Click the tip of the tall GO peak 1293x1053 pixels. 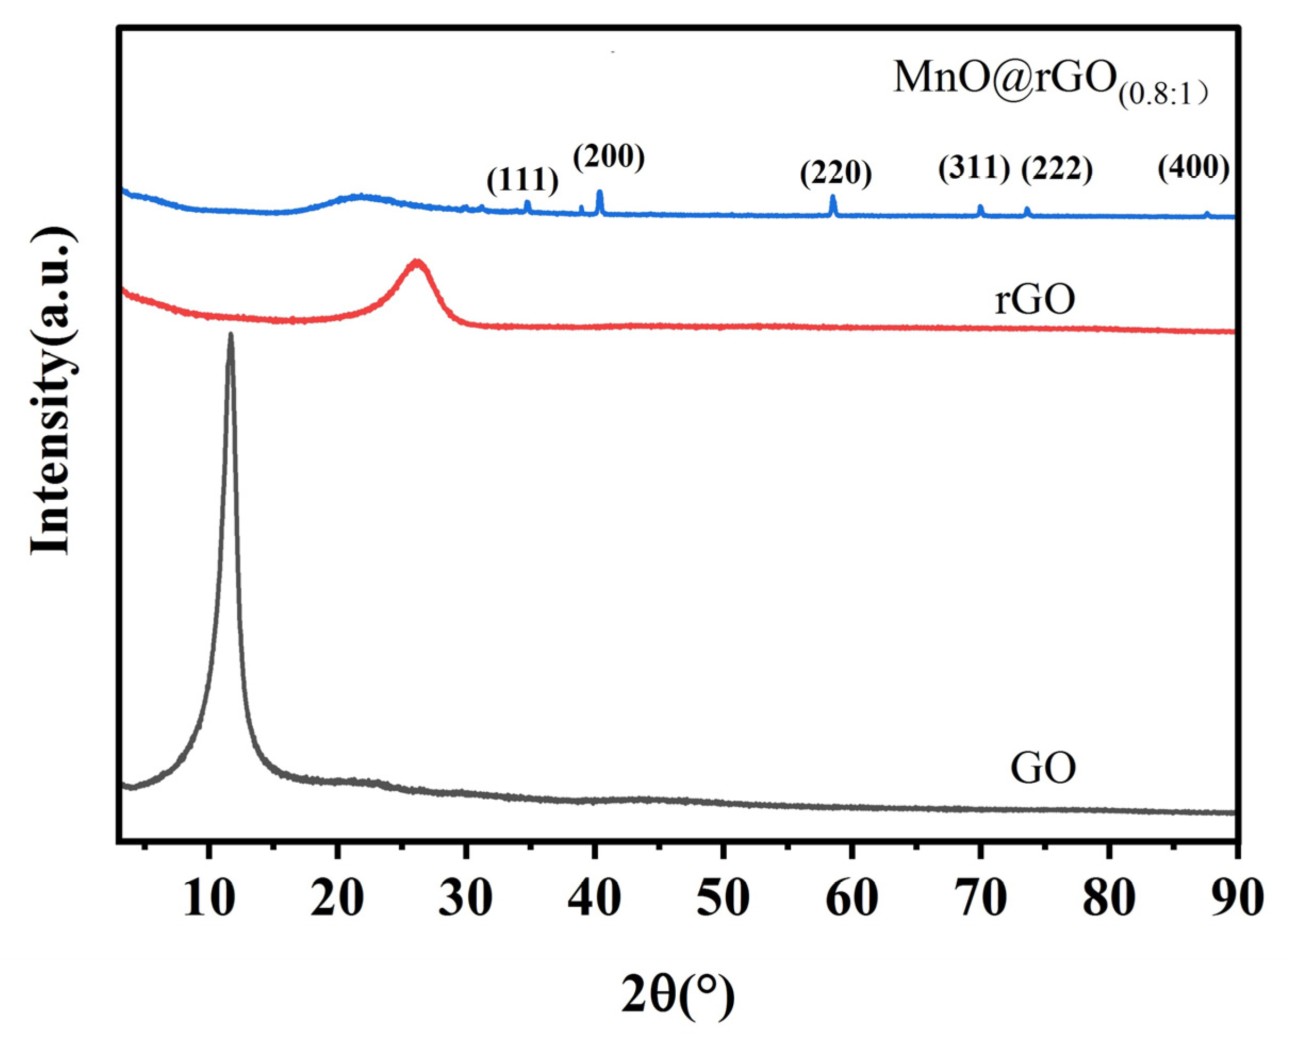click(x=230, y=334)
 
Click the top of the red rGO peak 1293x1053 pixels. click(x=417, y=261)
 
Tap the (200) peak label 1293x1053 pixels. click(x=608, y=157)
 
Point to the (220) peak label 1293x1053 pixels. click(x=835, y=173)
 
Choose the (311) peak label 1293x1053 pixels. click(x=974, y=168)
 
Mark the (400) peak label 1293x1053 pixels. click(x=1193, y=168)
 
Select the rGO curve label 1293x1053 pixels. click(x=1034, y=300)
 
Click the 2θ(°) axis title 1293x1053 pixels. click(x=677, y=995)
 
